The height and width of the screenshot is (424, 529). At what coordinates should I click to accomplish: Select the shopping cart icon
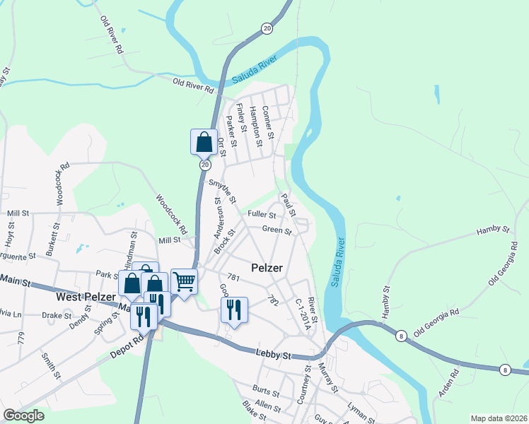tap(184, 281)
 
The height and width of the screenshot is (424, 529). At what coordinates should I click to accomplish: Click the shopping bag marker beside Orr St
tap(204, 142)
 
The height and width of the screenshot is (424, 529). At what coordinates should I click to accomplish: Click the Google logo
tap(23, 416)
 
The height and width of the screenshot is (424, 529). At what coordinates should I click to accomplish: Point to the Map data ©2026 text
tap(498, 418)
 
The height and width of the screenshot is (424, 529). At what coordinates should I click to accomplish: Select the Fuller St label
tap(261, 214)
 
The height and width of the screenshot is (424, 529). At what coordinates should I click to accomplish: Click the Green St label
tap(277, 230)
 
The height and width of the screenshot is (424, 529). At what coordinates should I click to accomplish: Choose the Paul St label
tap(288, 204)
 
